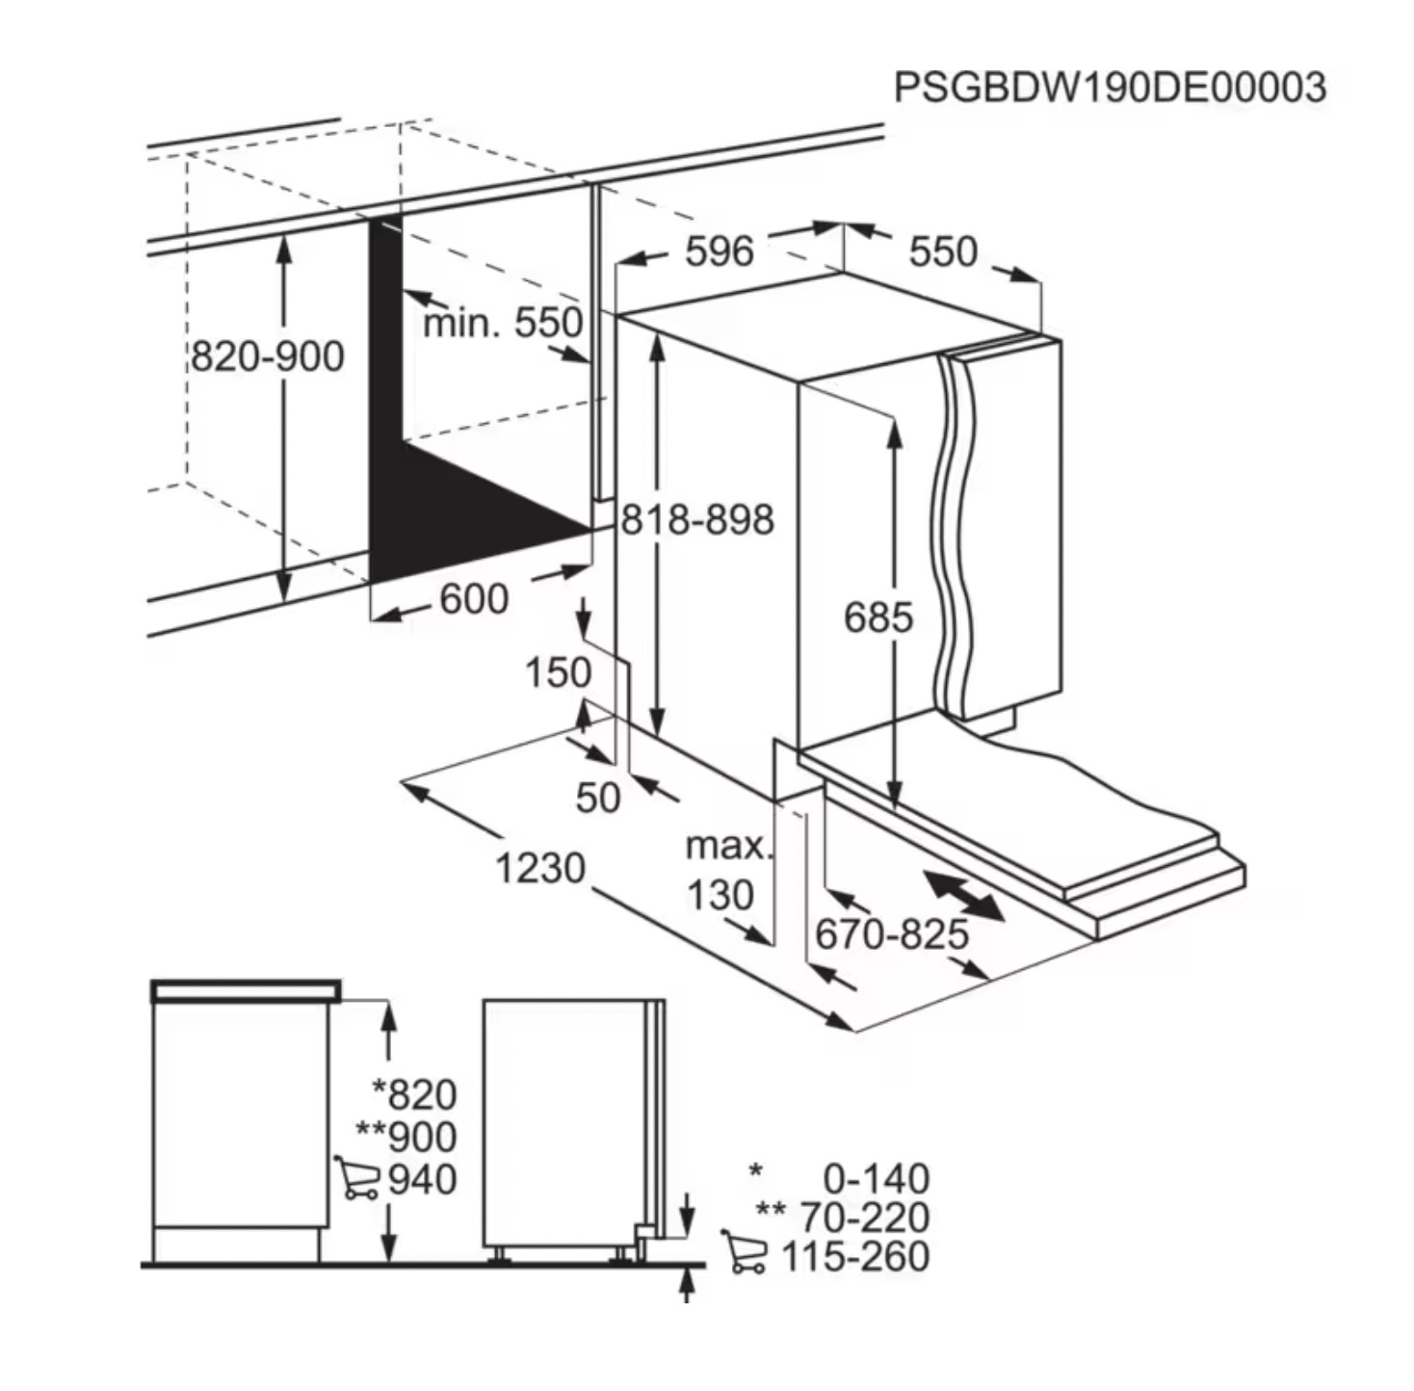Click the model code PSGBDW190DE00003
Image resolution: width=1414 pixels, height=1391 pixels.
(x=1111, y=88)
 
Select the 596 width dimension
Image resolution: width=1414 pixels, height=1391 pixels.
(x=720, y=251)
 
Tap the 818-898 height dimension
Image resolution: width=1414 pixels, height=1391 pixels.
(x=697, y=519)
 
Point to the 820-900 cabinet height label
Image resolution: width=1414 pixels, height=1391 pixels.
(x=267, y=356)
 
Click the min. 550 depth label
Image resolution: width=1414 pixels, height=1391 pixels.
(x=504, y=323)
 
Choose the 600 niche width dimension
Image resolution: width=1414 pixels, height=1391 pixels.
(x=473, y=598)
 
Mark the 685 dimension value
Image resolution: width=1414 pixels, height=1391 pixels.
(x=878, y=617)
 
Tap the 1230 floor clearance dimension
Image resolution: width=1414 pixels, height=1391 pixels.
(x=540, y=868)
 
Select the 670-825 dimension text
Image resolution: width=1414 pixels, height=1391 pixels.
(x=892, y=934)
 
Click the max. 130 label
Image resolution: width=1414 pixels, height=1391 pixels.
(x=728, y=871)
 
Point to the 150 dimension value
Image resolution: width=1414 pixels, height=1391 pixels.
(x=558, y=672)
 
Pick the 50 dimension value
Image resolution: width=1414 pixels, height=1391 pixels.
(x=598, y=798)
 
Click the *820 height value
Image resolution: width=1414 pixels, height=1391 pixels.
(x=414, y=1094)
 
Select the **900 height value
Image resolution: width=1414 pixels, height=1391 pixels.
(x=406, y=1137)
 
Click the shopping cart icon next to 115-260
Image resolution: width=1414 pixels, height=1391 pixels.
(x=745, y=1251)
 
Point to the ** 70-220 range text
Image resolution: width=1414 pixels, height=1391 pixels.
(x=843, y=1217)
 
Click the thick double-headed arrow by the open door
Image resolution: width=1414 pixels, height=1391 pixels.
(x=963, y=895)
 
